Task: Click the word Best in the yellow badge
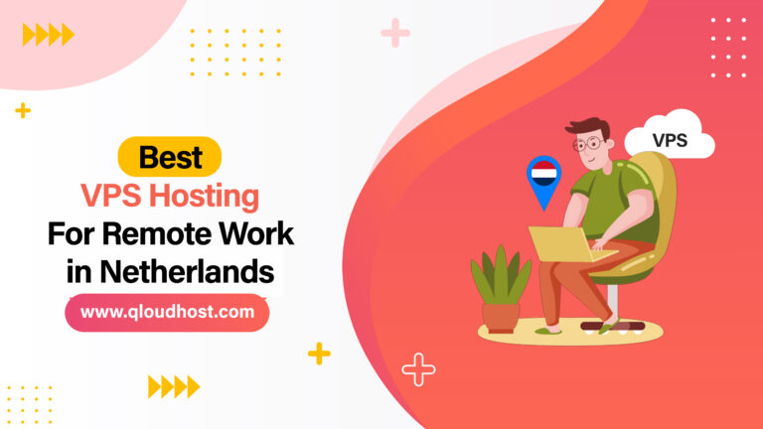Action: pos(170,156)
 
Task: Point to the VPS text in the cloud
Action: pos(670,141)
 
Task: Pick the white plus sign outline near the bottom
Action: pos(418,369)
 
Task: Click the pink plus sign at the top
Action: pos(394,33)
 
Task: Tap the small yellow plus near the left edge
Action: pos(22,110)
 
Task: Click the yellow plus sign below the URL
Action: pos(319,353)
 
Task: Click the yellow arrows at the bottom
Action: pos(173,385)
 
